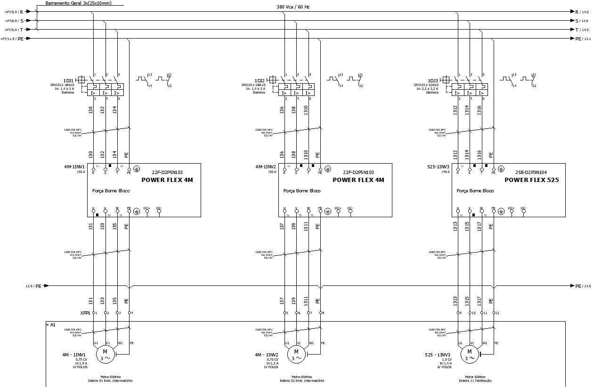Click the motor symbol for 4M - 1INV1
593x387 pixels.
106,355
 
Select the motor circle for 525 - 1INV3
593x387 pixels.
469,355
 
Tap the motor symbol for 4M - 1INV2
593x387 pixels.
296,355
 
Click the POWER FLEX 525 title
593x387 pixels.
532,180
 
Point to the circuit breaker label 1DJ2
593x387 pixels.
260,80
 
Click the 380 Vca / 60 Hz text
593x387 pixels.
293,7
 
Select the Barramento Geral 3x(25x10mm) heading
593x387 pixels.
78,3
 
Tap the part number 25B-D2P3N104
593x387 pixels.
531,173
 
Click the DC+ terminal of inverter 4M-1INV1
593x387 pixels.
146,211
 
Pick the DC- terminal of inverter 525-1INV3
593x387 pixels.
523,211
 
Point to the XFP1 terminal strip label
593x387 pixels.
85,313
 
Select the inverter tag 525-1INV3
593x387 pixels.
438,167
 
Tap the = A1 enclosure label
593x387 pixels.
51,324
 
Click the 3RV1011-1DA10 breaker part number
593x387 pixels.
426,85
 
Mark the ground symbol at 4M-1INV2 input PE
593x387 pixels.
328,168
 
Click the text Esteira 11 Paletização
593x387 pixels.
475,380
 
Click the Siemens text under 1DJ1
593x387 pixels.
68,93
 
